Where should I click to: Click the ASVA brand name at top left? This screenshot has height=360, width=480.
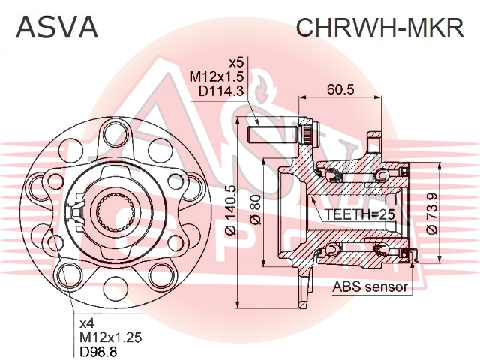[x=57, y=27]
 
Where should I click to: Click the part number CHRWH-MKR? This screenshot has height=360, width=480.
[x=380, y=27]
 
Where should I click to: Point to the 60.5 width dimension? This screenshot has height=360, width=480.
[x=340, y=89]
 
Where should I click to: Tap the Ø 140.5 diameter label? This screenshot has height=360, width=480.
[x=232, y=210]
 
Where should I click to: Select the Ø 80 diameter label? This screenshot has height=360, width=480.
[x=256, y=210]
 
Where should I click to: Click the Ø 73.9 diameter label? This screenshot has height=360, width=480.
[x=431, y=213]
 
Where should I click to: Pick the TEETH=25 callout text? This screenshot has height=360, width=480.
[x=359, y=214]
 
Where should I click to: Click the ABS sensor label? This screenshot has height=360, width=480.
[x=370, y=287]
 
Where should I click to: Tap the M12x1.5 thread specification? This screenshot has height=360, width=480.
[x=217, y=76]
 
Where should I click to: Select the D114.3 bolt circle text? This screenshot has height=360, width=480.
[x=221, y=91]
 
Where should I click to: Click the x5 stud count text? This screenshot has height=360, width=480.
[x=236, y=63]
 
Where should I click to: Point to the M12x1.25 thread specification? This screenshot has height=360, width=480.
[x=111, y=337]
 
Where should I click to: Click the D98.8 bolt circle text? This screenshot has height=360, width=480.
[x=98, y=352]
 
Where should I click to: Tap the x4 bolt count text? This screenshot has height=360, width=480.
[x=87, y=323]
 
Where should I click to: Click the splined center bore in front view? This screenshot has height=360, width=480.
[x=115, y=211]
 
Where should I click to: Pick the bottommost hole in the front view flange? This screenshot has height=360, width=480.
[x=115, y=287]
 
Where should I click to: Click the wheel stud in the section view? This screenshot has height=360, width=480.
[x=273, y=135]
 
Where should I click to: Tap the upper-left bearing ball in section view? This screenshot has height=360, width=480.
[x=333, y=175]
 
